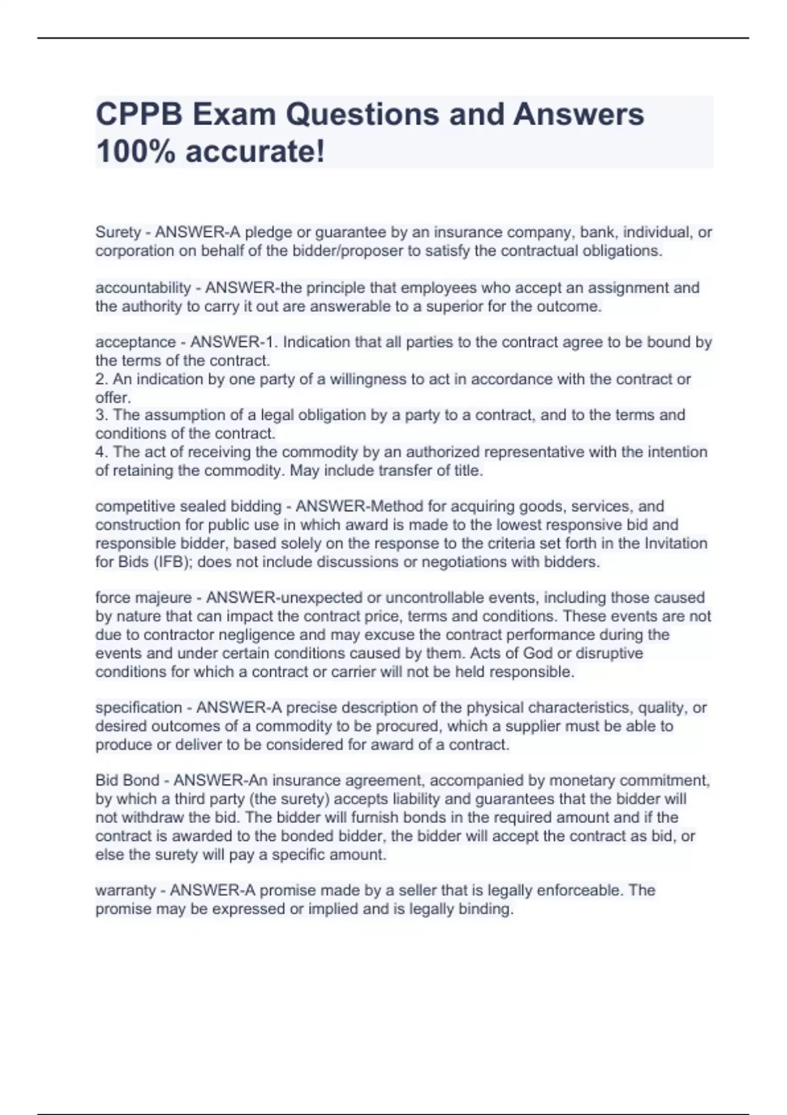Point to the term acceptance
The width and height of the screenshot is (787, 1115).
[136, 342]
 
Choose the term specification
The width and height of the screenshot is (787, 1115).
[138, 708]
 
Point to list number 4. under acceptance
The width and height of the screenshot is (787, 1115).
[102, 452]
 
